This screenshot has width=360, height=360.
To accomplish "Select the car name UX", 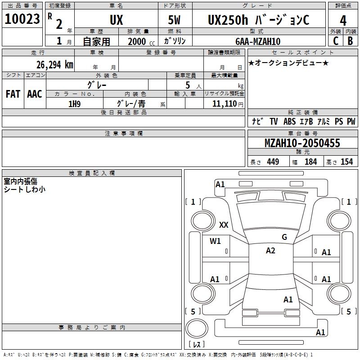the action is [x=116, y=20].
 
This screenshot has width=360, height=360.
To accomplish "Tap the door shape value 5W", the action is [x=175, y=20].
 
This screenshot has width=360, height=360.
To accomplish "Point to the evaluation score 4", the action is [x=343, y=20].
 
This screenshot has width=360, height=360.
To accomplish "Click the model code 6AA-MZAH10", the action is [x=258, y=41].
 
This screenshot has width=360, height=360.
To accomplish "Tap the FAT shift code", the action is [x=13, y=94].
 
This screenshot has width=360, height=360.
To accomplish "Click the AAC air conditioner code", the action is [x=34, y=94].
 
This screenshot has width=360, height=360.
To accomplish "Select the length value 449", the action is [x=272, y=162].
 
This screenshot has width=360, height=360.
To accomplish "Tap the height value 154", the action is [x=346, y=162].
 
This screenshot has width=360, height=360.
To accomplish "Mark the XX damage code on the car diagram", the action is [x=224, y=225].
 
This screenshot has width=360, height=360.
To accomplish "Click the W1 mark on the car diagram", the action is [x=215, y=241].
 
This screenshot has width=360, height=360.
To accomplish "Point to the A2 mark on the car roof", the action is [x=270, y=251].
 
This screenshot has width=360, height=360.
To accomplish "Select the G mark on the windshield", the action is [x=284, y=237].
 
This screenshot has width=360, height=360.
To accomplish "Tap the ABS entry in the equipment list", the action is [x=289, y=121].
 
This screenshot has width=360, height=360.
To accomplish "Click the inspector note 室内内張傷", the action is [x=21, y=181].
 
